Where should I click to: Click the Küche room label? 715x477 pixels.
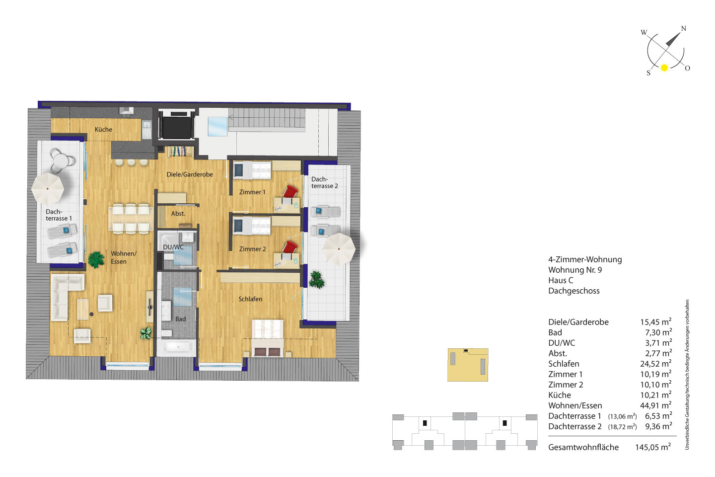tap(103, 129)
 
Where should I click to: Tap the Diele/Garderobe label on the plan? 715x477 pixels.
tap(190, 174)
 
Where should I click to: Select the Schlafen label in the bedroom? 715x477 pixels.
tap(250, 299)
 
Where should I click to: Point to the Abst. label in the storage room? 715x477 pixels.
tap(178, 214)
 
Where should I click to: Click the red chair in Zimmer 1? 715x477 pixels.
tap(290, 192)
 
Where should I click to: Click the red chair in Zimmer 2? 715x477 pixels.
tap(290, 247)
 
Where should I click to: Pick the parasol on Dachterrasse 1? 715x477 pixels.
tap(48, 188)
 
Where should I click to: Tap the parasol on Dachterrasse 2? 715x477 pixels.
tap(339, 249)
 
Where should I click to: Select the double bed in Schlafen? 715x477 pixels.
tap(268, 338)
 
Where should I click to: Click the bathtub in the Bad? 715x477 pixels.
tap(176, 348)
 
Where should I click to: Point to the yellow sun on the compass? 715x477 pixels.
tap(664, 68)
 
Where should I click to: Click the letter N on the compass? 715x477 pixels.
tap(684, 28)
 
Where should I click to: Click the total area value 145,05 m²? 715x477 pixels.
tap(653, 447)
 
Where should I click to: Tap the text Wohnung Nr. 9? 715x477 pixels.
tap(575, 270)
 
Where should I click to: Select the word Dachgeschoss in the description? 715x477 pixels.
tap(574, 291)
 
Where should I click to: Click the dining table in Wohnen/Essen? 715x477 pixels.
tap(131, 218)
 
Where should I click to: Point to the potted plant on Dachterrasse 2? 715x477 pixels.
tap(316, 280)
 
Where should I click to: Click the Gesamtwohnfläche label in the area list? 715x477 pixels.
tap(583, 447)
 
